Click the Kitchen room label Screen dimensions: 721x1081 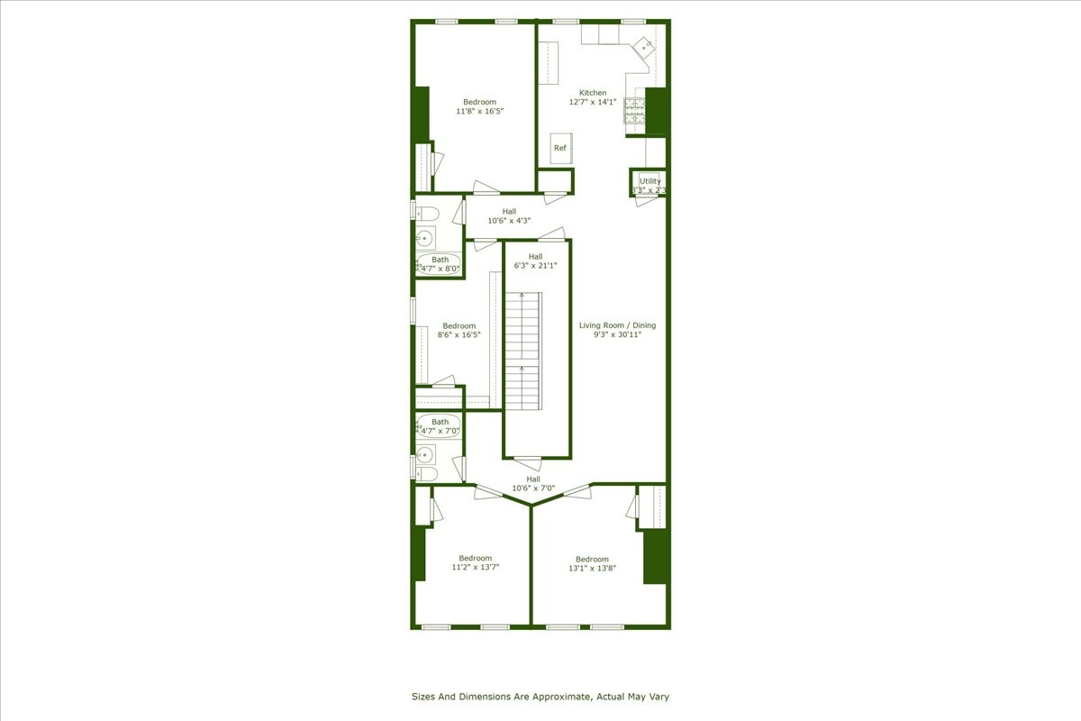pos(593,93)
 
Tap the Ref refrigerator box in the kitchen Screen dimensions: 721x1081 pos(560,148)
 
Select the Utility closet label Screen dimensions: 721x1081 pos(650,181)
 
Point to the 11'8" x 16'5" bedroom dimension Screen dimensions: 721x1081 pos(479,112)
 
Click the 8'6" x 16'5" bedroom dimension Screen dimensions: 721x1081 pos(459,335)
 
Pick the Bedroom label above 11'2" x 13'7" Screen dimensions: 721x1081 pos(475,558)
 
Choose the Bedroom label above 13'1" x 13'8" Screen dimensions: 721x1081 pos(592,559)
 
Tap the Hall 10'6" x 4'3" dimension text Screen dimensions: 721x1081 pos(509,221)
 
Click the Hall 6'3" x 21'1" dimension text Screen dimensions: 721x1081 pos(535,266)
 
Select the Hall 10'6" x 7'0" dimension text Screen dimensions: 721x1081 pos(533,489)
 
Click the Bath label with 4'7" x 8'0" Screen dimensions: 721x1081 pos(440,260)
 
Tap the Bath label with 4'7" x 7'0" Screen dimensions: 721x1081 pos(440,422)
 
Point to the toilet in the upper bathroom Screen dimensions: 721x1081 pos(427,214)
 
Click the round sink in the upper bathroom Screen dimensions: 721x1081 pos(425,239)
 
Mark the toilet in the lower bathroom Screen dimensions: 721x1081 pos(427,473)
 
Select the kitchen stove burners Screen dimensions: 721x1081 pos(634,113)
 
